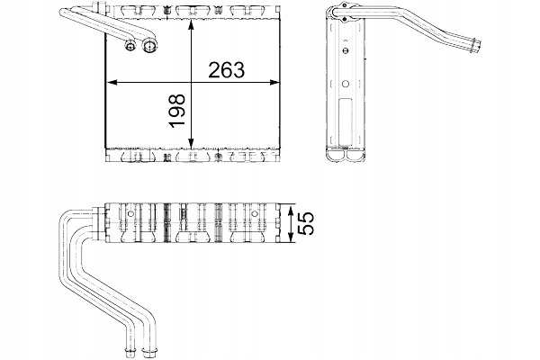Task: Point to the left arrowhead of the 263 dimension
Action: [110, 83]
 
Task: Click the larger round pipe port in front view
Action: [146, 47]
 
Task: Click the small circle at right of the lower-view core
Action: [255, 215]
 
